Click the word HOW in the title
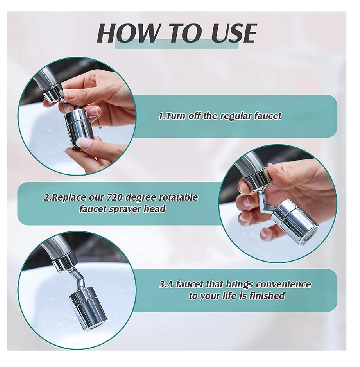pyautogui.click(x=127, y=33)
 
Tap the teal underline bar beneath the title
pyautogui.click(x=176, y=44)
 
